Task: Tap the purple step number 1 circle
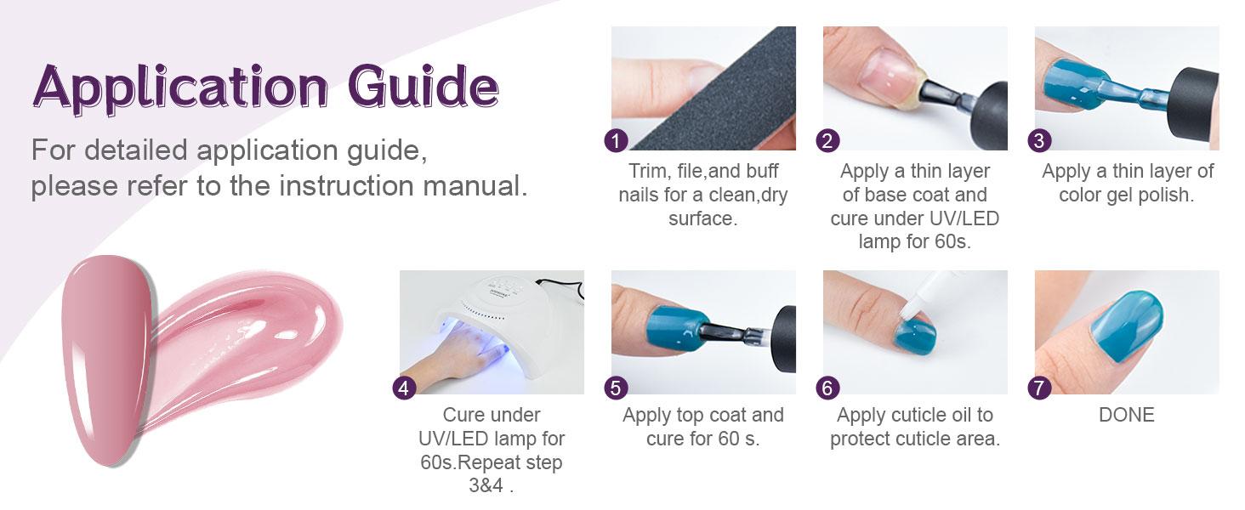616,140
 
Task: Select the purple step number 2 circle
827,140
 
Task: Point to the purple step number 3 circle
1039,140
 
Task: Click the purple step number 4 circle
404,388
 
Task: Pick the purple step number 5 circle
616,388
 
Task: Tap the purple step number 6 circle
827,388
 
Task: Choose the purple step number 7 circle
1039,388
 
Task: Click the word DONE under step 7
1127,415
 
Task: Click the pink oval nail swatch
106,360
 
